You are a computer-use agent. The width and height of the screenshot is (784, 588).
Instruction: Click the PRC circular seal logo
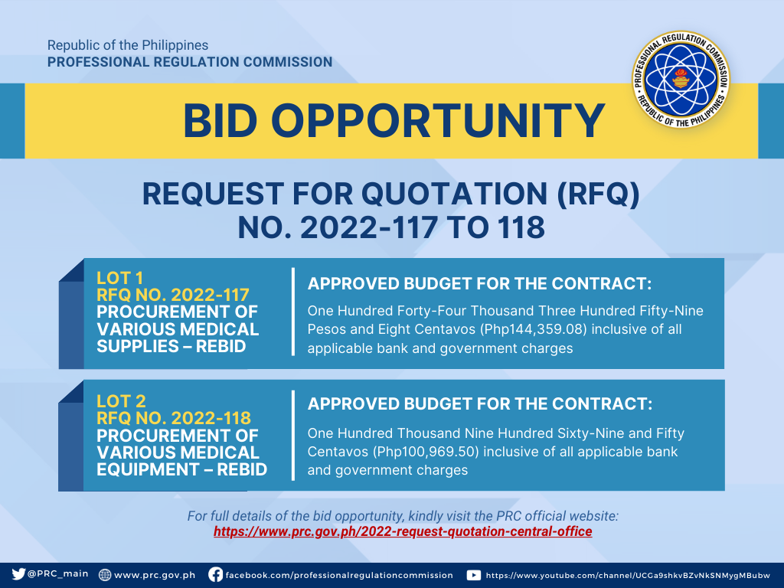(x=681, y=79)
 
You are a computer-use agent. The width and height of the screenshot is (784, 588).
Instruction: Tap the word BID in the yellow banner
(x=220, y=121)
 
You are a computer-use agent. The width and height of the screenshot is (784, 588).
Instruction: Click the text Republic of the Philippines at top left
(x=128, y=45)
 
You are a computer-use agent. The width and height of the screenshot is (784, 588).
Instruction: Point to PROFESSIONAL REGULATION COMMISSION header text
(x=190, y=62)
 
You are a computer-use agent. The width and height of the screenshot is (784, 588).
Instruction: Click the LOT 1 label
(x=120, y=278)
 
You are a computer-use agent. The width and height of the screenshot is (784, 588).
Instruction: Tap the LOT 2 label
(x=121, y=401)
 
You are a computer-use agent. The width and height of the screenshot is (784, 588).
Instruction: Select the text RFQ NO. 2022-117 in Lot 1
(x=173, y=295)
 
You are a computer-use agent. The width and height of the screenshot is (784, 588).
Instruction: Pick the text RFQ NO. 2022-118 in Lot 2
(x=174, y=418)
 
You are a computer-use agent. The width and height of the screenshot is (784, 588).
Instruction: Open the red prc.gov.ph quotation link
(x=403, y=531)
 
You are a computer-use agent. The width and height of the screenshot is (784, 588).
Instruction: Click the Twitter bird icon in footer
(x=18, y=574)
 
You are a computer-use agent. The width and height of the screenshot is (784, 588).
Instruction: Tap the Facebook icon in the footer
(x=215, y=574)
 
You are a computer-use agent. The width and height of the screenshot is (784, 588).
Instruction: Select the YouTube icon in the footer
(x=473, y=575)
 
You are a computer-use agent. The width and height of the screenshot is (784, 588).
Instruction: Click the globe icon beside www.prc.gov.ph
(x=104, y=575)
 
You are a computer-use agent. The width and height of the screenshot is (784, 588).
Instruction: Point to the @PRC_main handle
(x=57, y=574)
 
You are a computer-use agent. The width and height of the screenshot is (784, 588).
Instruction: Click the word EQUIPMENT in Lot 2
(x=148, y=469)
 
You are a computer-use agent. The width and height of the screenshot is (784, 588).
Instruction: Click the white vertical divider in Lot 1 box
(x=293, y=312)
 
